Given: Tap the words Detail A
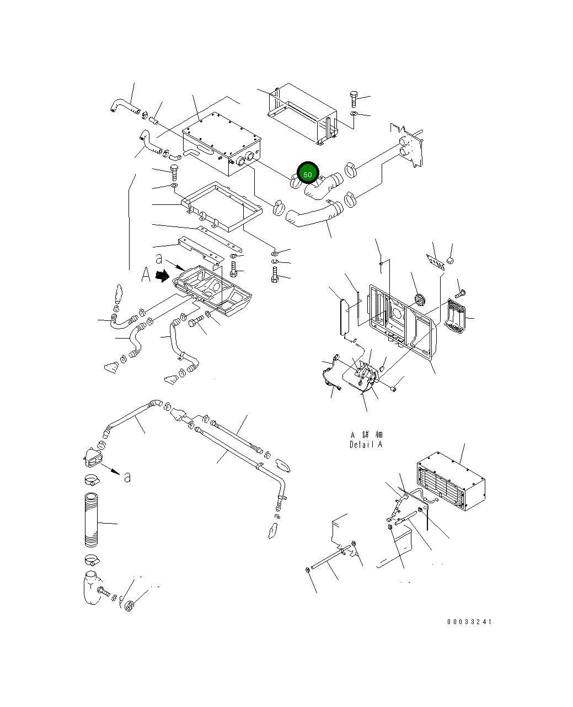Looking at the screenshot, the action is pos(366,445).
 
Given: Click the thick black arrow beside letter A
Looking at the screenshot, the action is pos(162,276).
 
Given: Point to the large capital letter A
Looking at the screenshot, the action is pos(146,275).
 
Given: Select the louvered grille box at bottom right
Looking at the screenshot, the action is pos(451,481).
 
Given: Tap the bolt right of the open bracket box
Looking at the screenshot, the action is pos(354,98).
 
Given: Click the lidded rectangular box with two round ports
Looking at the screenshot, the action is pos(221,144).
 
